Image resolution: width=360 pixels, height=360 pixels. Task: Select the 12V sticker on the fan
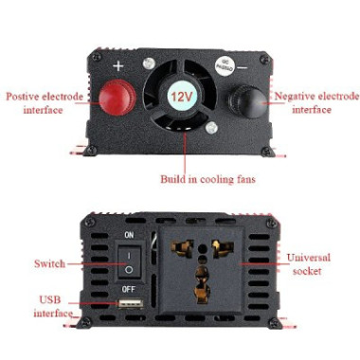180,98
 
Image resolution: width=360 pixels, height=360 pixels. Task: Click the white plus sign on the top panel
117,66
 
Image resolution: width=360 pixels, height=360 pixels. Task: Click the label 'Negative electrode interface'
315,102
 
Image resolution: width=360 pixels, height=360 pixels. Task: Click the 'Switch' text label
49,263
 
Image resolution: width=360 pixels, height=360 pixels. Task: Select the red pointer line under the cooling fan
180,152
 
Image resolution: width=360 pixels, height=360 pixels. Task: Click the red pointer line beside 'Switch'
95,263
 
